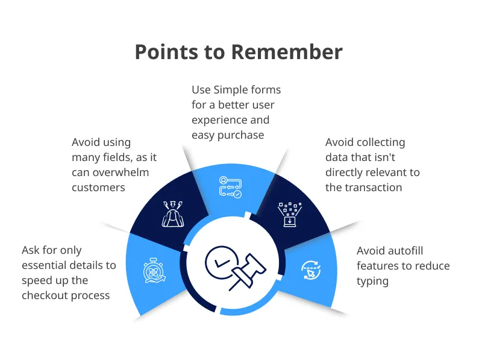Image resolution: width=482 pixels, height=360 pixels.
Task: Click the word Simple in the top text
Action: coord(230,90)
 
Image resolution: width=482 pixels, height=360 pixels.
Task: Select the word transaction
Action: coord(373,188)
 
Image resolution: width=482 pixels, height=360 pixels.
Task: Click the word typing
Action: coord(372,281)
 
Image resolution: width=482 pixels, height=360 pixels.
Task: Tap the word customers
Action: coord(98,188)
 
